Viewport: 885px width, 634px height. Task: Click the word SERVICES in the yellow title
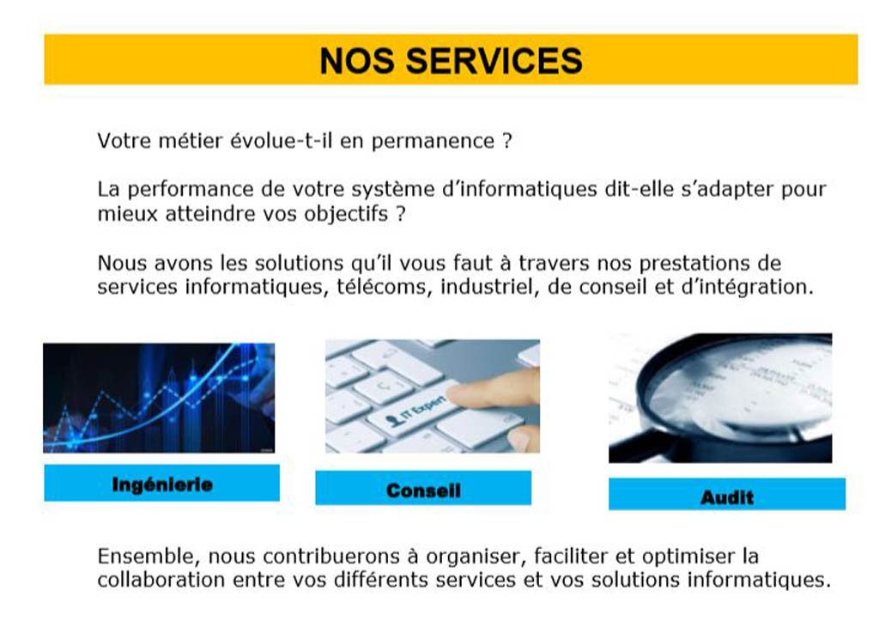(494, 60)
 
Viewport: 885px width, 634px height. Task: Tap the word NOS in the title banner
(357, 60)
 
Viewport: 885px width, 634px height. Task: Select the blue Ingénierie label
(162, 483)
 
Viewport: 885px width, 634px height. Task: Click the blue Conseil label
(423, 488)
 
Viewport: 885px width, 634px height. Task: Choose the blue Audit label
(727, 495)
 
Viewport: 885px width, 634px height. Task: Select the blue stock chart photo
(159, 398)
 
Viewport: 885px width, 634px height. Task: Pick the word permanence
(433, 141)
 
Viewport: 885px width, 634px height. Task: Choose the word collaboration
(161, 580)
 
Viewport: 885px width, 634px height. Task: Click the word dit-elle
(639, 189)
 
